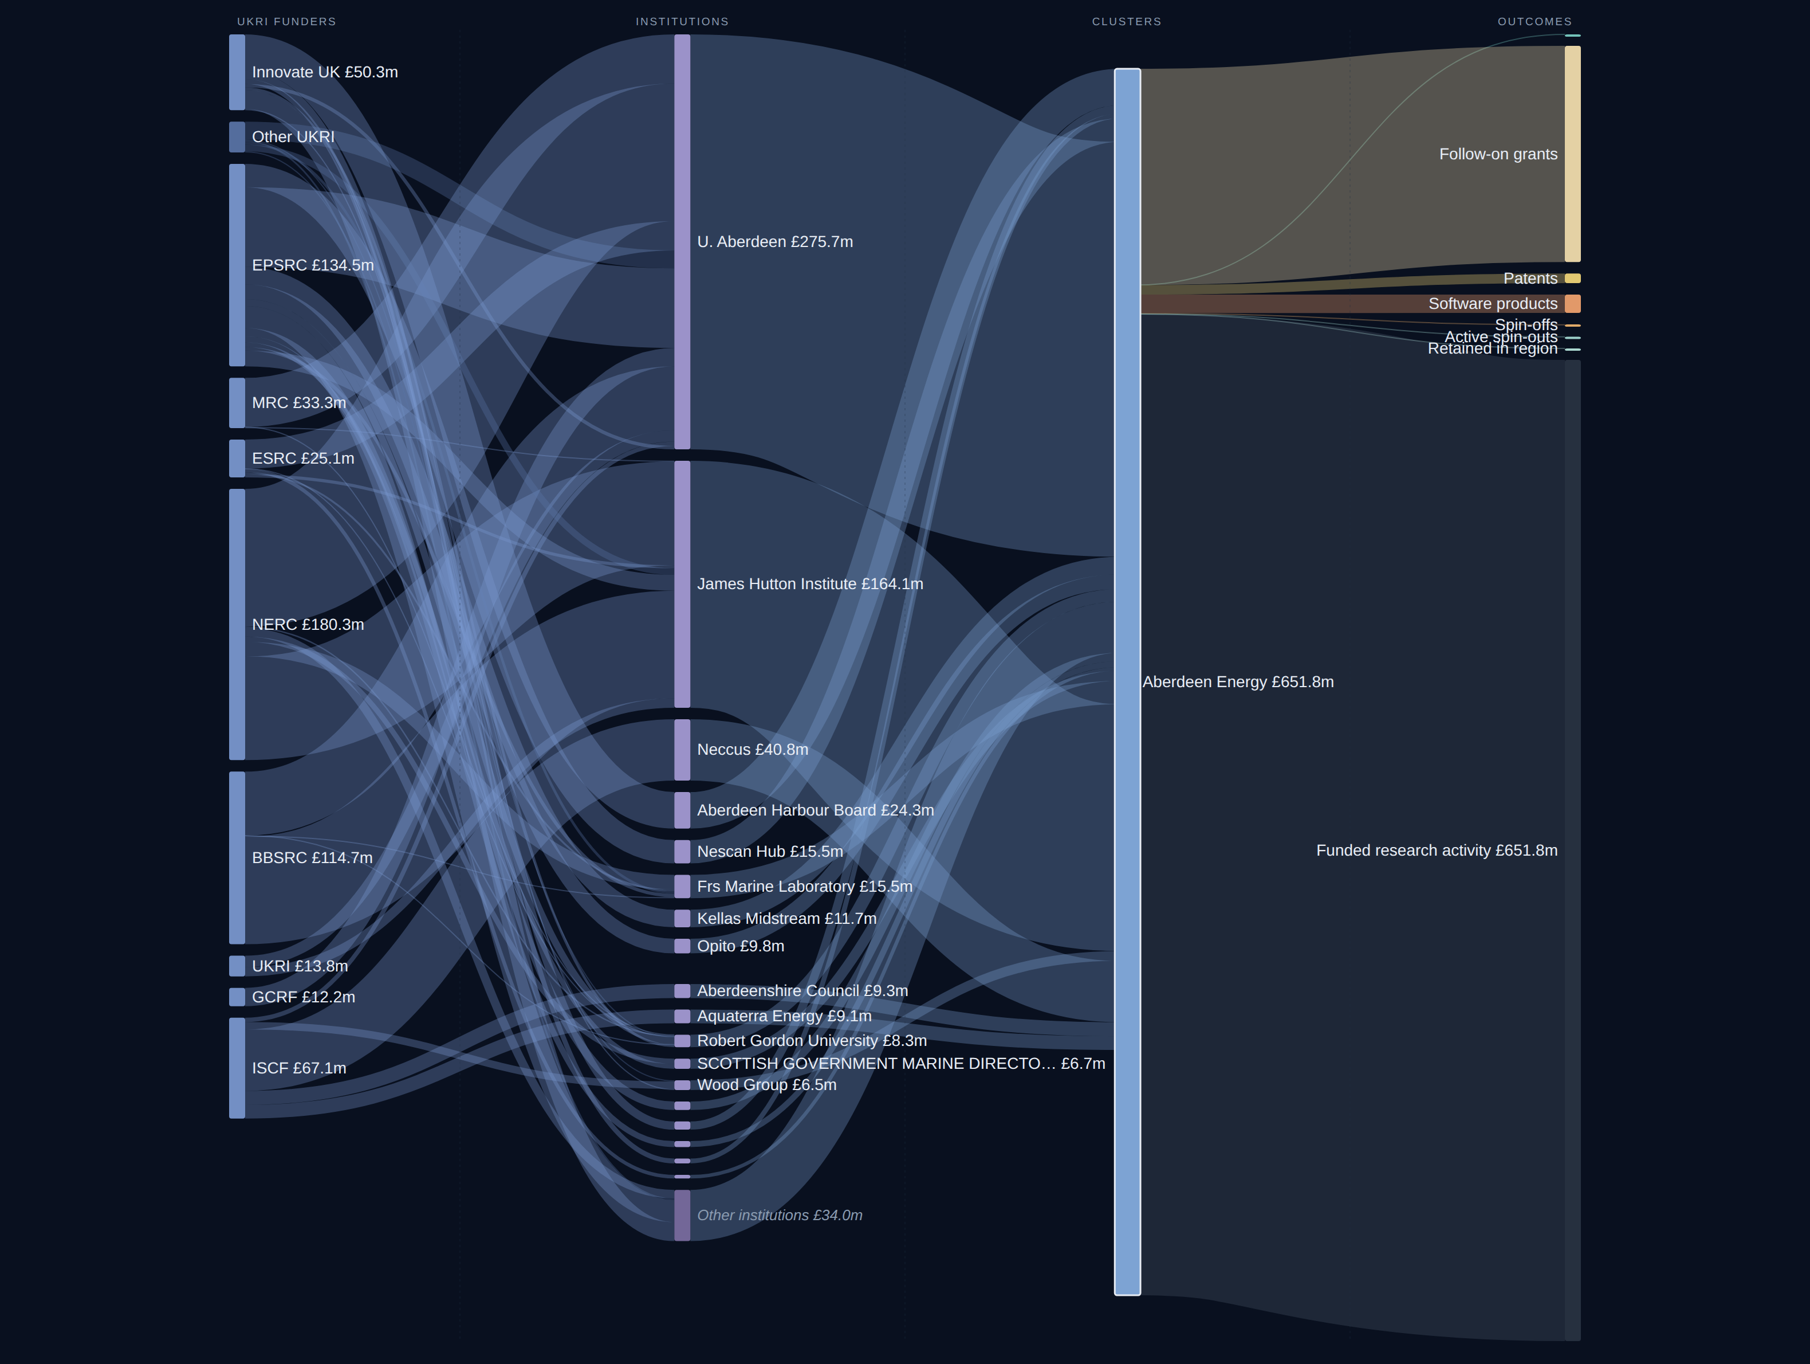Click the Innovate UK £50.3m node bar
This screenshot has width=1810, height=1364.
(x=237, y=72)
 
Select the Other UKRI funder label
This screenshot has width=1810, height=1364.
(x=293, y=137)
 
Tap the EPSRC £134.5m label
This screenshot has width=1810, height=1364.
(x=313, y=265)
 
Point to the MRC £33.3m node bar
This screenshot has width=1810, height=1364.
(x=237, y=403)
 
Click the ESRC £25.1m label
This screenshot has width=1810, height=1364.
(x=303, y=458)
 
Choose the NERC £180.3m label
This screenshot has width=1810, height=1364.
(x=308, y=625)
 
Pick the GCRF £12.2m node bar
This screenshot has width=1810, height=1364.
(x=237, y=997)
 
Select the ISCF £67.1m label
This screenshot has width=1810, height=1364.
(x=298, y=1068)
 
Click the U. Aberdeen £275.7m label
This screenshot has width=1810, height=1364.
(x=775, y=241)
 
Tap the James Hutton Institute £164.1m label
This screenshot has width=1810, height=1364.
(x=810, y=584)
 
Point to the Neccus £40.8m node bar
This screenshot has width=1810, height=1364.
(x=682, y=750)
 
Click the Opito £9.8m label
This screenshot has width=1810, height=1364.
(x=741, y=946)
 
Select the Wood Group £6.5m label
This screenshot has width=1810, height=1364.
(x=767, y=1085)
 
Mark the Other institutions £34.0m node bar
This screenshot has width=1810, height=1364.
(x=682, y=1216)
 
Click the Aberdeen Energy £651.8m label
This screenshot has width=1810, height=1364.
(x=1238, y=682)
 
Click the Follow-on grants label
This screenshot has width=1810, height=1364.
(x=1498, y=154)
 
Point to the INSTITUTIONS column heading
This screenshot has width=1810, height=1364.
(x=682, y=21)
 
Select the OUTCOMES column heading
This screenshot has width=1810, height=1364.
(x=1534, y=21)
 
